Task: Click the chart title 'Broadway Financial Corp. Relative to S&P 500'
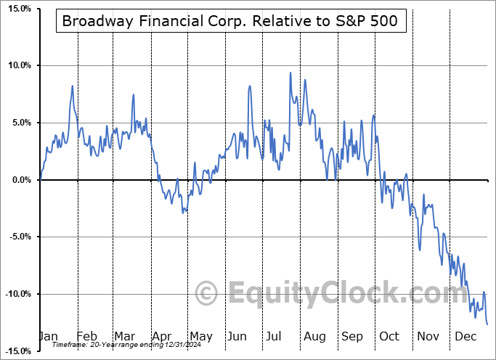click(x=229, y=22)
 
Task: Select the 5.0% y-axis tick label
click(x=20, y=123)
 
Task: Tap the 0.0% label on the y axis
click(x=20, y=179)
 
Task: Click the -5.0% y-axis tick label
click(x=18, y=237)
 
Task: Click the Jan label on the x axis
click(x=48, y=336)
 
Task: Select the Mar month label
click(x=124, y=336)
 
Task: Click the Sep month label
click(x=352, y=336)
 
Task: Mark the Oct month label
click(x=389, y=336)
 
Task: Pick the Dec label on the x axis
click(x=465, y=336)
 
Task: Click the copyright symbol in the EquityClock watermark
click(x=208, y=294)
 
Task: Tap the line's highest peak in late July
click(x=290, y=73)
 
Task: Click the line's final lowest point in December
click(x=487, y=324)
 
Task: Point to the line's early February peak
click(x=73, y=86)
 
